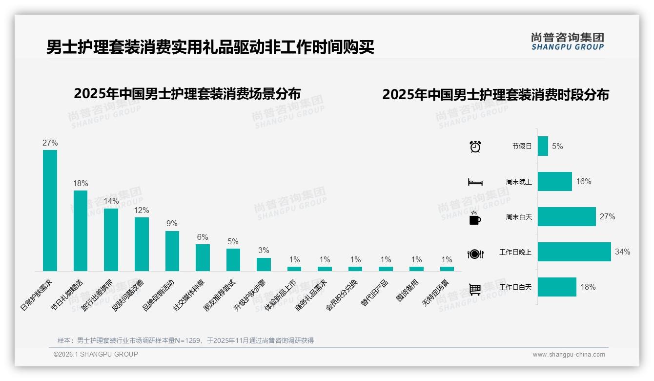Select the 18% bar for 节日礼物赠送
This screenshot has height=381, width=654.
point(81,231)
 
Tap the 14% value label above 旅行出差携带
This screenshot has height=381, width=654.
point(111,201)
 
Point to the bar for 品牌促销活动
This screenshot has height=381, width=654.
point(172,251)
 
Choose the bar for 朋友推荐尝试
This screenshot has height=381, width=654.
point(233,259)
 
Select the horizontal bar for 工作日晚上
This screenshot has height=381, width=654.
point(574,252)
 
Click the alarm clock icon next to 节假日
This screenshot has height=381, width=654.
point(475,147)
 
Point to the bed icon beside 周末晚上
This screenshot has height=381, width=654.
point(475,182)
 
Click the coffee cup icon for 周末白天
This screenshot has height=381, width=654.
point(475,218)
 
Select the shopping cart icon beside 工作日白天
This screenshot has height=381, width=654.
point(475,289)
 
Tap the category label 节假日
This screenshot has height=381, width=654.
point(522,146)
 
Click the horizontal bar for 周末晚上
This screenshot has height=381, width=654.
point(554,182)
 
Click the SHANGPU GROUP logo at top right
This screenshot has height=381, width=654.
point(567,42)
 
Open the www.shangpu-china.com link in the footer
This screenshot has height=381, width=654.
point(569,355)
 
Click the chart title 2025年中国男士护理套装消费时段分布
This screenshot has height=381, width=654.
point(495,95)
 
